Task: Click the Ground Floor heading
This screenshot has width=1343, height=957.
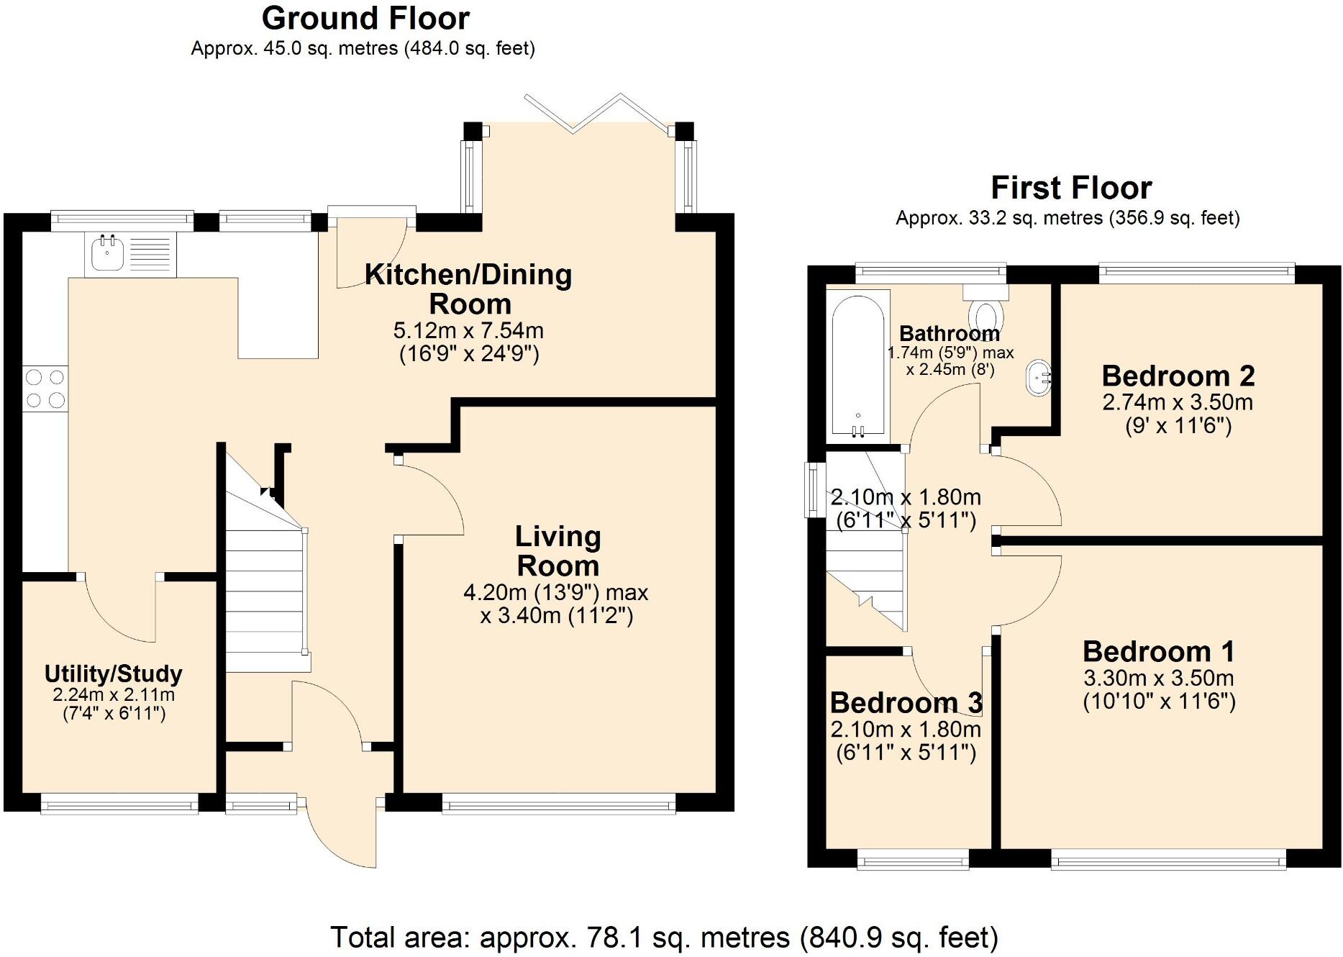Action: pos(365,19)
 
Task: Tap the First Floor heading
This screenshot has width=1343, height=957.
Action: pos(1070,189)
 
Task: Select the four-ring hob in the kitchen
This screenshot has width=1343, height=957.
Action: pos(45,389)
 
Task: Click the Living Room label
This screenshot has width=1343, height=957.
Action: pos(557,551)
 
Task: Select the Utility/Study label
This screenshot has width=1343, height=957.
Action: pos(114,674)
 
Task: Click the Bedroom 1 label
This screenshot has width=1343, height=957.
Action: pos(1158,652)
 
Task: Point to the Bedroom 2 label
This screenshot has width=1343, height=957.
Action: pos(1178,376)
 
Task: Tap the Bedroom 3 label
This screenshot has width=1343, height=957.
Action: pos(906,703)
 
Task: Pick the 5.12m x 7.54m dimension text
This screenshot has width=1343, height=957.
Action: pos(468,331)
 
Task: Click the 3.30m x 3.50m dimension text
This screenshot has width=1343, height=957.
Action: pos(1158,679)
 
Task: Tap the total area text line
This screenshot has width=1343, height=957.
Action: pos(663,938)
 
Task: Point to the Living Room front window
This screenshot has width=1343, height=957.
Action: pos(558,804)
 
